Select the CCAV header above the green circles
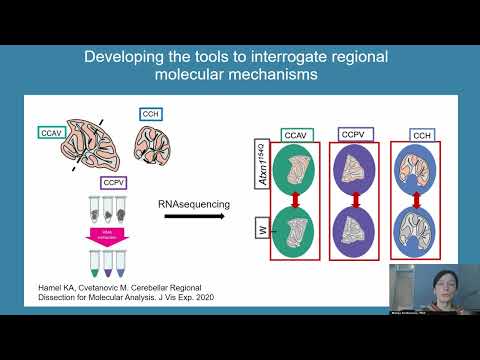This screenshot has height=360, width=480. (296, 133)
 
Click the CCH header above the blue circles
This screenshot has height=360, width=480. (422, 133)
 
